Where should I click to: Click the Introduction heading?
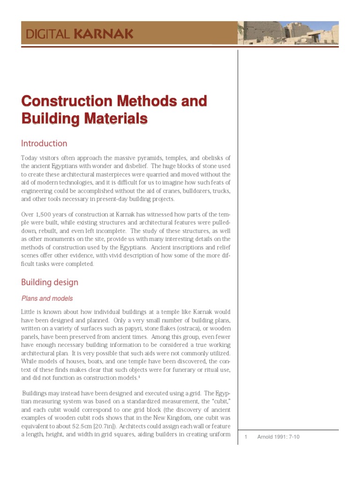tap(44, 143)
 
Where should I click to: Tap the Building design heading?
tap(50, 282)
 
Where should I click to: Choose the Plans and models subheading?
tap(47, 299)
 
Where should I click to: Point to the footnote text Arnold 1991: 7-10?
tap(278, 437)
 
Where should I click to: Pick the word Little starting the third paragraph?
tap(30, 312)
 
